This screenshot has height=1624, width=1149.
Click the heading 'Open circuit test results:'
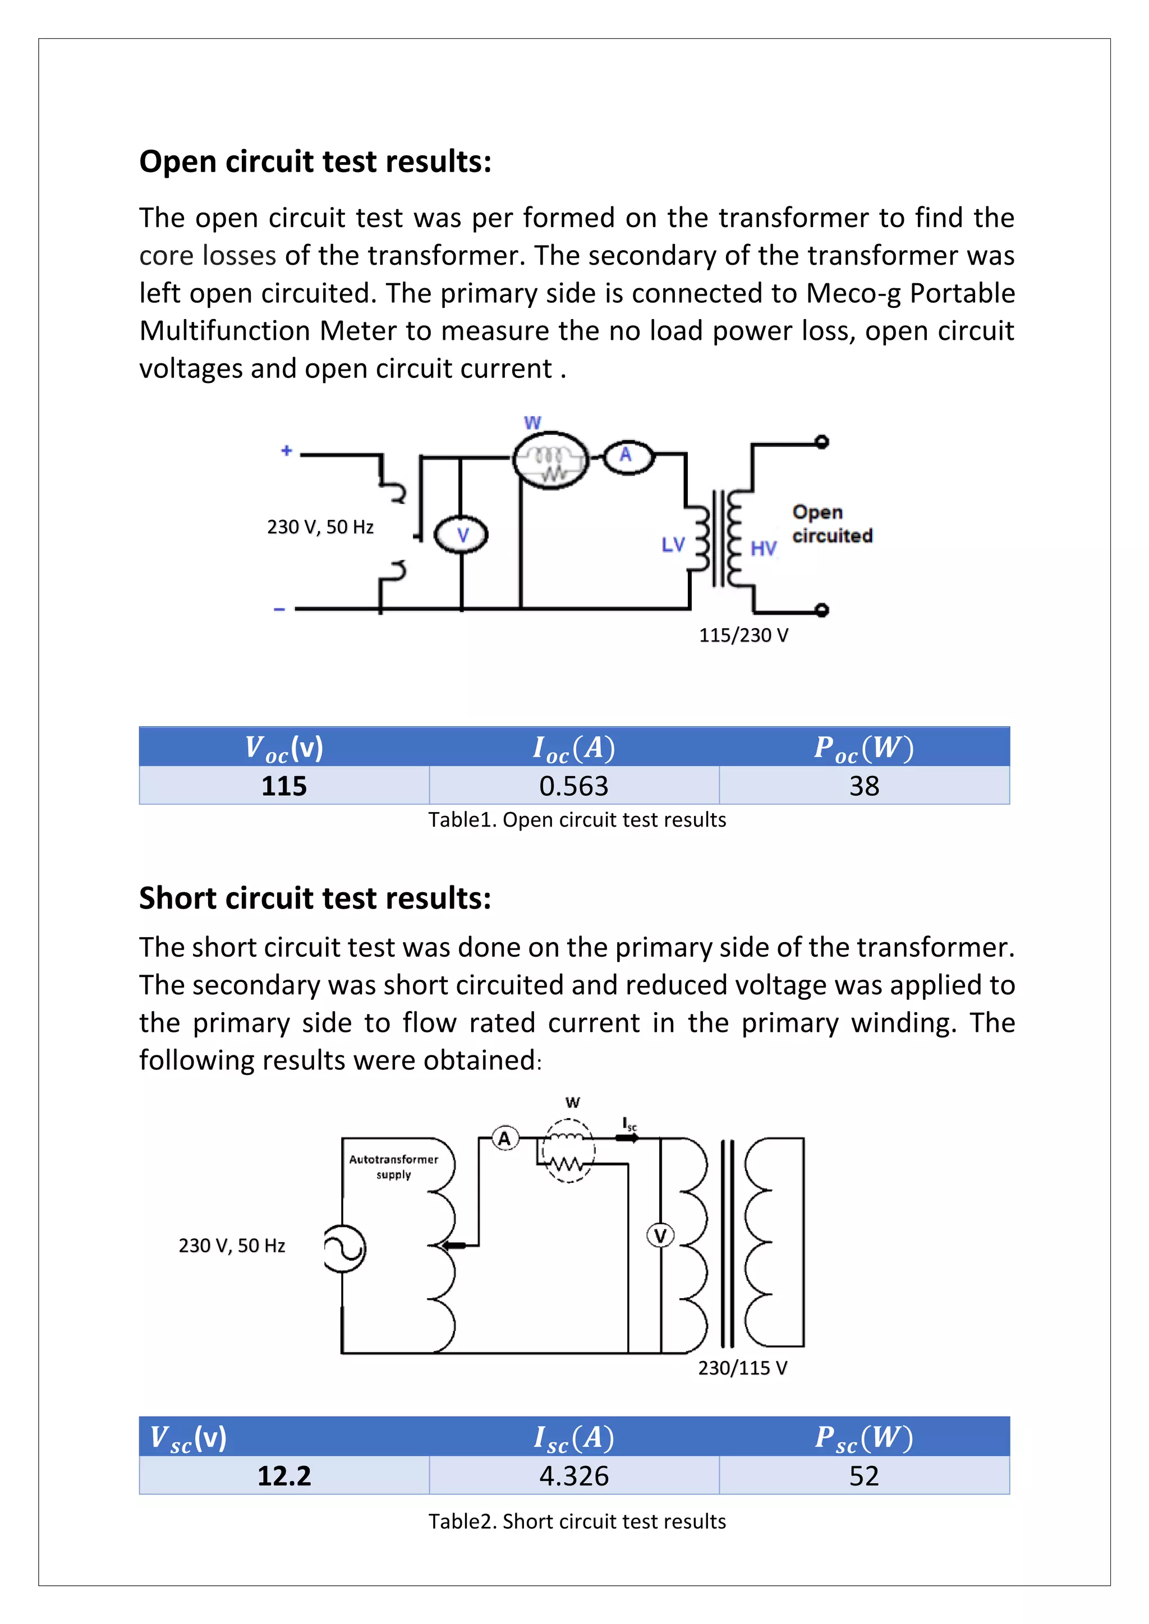click(x=315, y=162)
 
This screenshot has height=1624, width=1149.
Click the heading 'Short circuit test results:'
click(x=315, y=898)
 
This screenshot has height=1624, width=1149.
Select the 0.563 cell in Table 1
click(x=574, y=786)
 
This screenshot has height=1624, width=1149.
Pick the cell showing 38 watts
click(x=864, y=786)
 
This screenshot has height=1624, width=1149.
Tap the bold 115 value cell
click(x=284, y=786)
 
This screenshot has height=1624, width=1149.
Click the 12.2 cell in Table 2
click(x=284, y=1476)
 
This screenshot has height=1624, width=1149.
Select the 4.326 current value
click(x=574, y=1476)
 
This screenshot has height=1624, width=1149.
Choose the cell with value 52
click(x=864, y=1476)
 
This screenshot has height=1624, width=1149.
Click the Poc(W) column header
click(x=864, y=748)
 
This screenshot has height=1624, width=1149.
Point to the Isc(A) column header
click(x=574, y=1438)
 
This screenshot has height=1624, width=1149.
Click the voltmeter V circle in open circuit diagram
click(x=461, y=536)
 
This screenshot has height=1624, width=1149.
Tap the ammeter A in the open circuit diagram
click(x=626, y=455)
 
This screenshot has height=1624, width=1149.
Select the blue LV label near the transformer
click(x=673, y=545)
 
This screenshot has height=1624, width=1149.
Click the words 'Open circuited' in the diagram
click(x=831, y=524)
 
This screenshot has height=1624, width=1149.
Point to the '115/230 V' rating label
click(x=743, y=635)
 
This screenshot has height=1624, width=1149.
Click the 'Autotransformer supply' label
click(x=393, y=1167)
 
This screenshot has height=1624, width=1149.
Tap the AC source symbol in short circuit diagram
click(x=344, y=1248)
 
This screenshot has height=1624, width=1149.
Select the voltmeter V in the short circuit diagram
click(x=660, y=1236)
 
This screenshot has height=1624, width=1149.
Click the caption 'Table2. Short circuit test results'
click(x=577, y=1521)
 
